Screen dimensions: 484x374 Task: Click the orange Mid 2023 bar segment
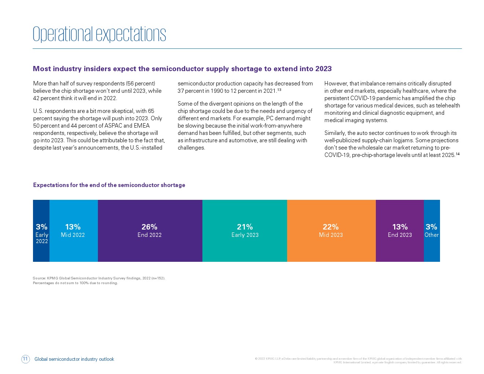coord(331,231)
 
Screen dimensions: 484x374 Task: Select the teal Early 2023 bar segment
coord(245,231)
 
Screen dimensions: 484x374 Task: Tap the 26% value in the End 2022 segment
coord(150,227)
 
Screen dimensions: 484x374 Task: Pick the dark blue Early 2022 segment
coord(41,231)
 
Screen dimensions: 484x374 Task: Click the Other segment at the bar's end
coord(432,231)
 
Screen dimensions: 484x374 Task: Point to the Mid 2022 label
coord(73,235)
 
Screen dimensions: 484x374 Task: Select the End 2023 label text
coord(400,235)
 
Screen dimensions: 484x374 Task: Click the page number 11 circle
coord(25,359)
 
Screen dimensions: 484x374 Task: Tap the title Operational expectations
coord(99,34)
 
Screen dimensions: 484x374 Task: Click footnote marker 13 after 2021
coord(279,89)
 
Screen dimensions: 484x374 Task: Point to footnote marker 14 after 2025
coord(458,154)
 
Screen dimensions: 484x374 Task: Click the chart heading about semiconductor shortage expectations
coord(109,185)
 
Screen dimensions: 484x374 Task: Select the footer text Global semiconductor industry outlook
coord(74,359)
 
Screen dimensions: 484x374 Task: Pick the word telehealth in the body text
coord(448,105)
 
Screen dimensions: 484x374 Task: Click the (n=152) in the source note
coord(158,278)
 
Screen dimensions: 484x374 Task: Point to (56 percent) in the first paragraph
coord(140,84)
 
